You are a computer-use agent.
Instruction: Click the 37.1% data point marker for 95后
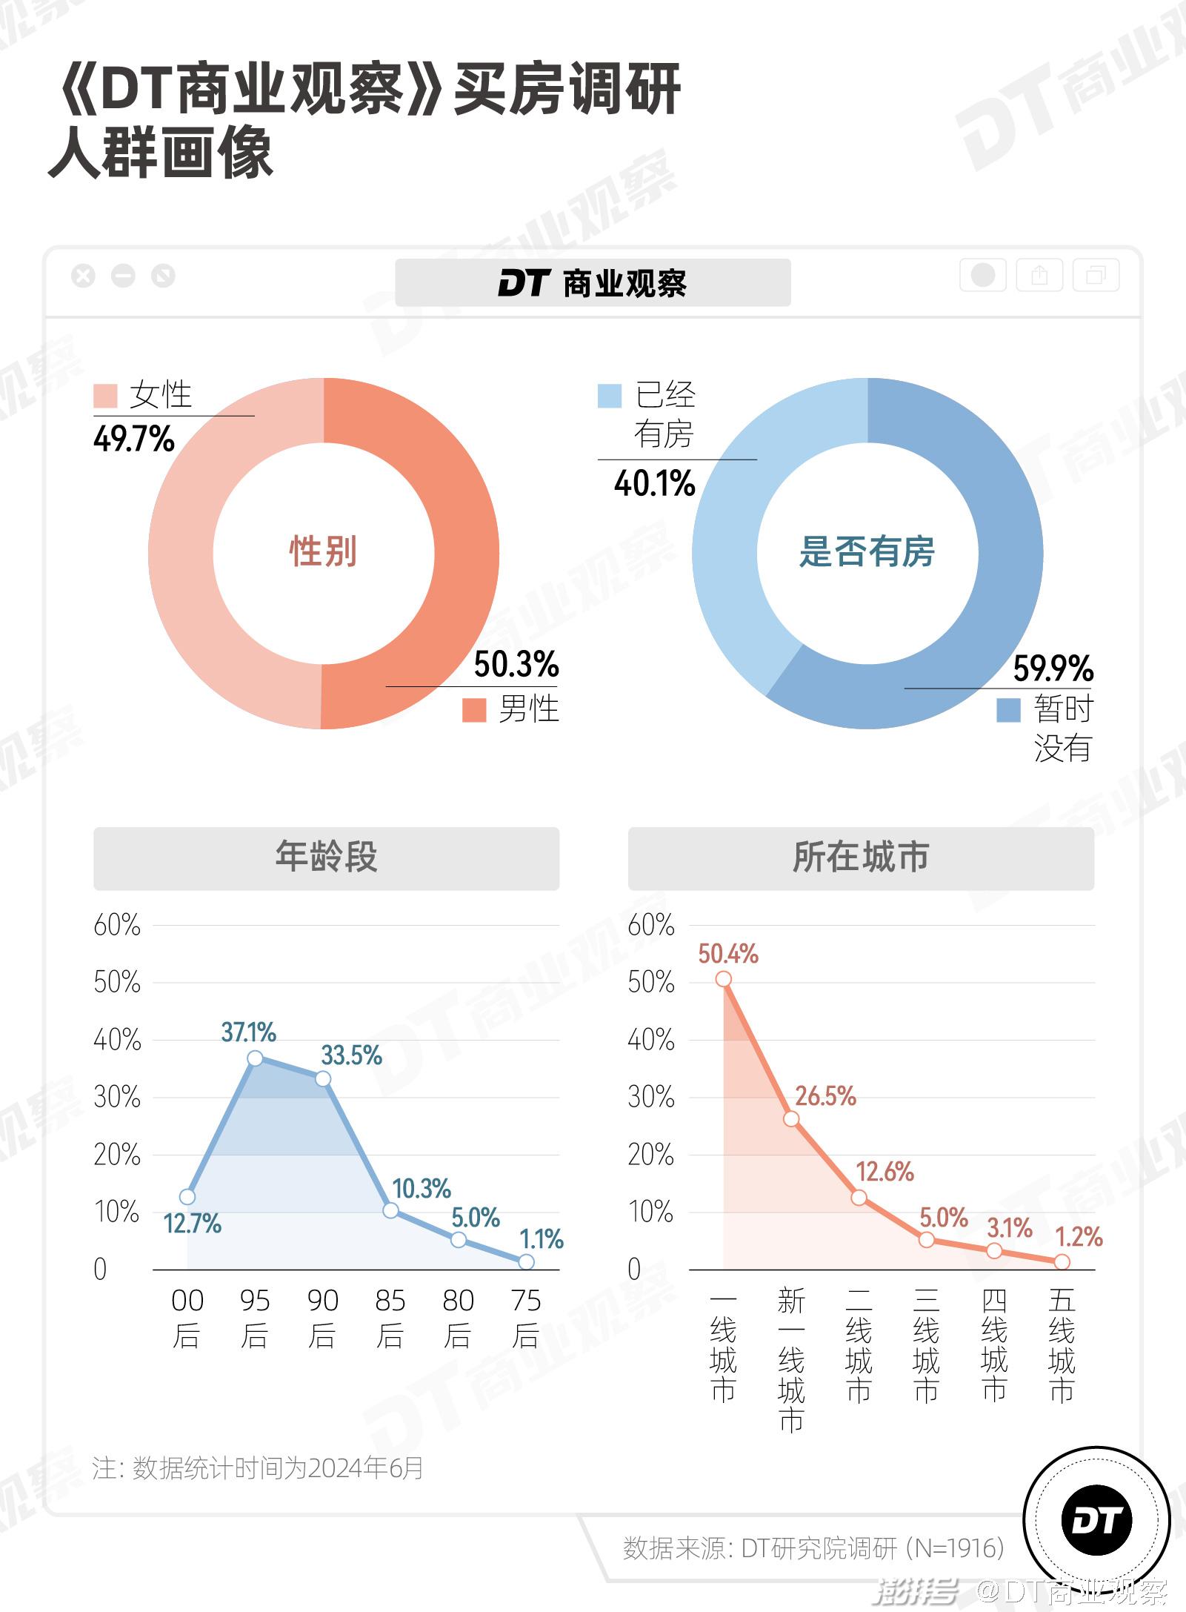point(255,1058)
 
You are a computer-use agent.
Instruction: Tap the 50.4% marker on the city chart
point(724,979)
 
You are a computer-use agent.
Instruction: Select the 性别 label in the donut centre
point(323,551)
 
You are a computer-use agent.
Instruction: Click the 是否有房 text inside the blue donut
point(867,551)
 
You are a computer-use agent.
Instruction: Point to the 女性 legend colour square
point(105,396)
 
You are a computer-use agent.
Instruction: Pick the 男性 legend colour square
point(473,709)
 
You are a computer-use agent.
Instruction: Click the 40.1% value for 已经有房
point(654,483)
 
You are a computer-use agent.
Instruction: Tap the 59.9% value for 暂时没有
point(1053,669)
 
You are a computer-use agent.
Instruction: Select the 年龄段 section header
point(326,858)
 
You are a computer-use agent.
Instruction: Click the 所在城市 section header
point(861,858)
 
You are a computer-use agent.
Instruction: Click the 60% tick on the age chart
point(116,925)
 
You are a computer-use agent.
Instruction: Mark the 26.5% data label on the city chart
point(825,1096)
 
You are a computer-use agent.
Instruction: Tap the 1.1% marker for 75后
point(526,1261)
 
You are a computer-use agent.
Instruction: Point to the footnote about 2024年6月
point(257,1467)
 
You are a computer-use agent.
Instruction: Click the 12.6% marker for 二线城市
point(859,1198)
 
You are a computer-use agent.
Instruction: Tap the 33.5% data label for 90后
point(351,1055)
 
